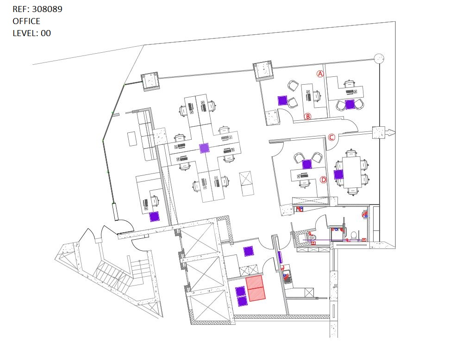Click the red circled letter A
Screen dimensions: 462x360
(320, 74)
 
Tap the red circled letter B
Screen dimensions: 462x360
(307, 116)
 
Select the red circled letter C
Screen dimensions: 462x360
(331, 137)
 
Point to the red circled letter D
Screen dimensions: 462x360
(324, 180)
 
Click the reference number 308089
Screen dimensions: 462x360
(47, 9)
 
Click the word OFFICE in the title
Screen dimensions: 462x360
(26, 21)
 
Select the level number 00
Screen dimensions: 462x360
(46, 33)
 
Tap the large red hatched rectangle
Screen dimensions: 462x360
(256, 288)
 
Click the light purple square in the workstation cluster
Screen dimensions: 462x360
(204, 148)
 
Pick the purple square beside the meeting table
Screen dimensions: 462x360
(338, 174)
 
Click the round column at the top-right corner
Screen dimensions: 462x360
(379, 58)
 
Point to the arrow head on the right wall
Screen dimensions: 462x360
(391, 132)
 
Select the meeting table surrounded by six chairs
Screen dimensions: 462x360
(351, 172)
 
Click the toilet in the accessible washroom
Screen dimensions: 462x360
(354, 235)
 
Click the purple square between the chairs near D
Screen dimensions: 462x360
(307, 164)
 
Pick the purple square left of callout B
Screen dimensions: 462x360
(282, 100)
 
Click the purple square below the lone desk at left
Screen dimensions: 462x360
(155, 217)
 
